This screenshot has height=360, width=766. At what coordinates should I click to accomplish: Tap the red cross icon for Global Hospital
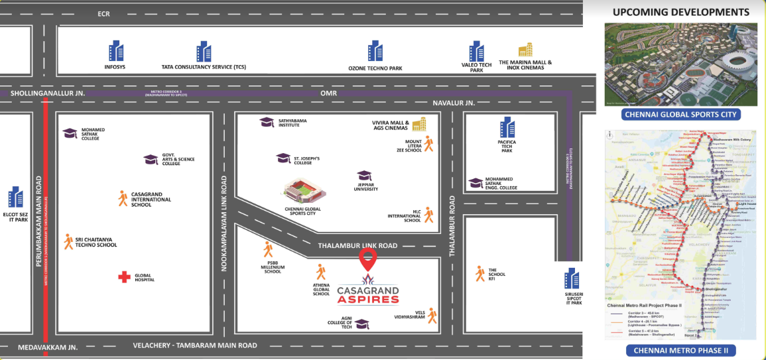124,277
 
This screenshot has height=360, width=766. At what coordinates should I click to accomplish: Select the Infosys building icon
116,51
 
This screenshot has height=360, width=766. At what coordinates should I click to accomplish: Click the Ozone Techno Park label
375,68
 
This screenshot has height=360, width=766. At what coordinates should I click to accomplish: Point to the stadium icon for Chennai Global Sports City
302,193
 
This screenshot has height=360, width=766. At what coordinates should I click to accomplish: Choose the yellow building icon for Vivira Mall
419,124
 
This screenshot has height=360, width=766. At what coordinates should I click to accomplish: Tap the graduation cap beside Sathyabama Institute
267,122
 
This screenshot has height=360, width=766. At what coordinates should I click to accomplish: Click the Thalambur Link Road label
358,246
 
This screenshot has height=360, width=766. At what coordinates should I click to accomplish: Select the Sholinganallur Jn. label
48,94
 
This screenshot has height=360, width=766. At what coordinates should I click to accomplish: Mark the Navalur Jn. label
454,103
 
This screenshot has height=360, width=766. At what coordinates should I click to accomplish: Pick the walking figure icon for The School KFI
479,272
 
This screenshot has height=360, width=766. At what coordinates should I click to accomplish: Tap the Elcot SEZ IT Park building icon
16,196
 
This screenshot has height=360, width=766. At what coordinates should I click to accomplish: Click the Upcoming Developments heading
680,12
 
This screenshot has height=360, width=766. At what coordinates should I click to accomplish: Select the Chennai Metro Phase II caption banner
680,351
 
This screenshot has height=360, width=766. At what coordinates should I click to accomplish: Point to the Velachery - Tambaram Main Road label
195,345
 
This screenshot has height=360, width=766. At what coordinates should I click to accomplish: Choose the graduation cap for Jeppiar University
364,176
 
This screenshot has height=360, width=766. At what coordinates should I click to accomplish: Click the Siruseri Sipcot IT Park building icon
571,278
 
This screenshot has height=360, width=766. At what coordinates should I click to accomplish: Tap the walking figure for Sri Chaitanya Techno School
68,242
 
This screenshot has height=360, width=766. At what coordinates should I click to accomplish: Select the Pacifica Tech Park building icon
507,127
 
